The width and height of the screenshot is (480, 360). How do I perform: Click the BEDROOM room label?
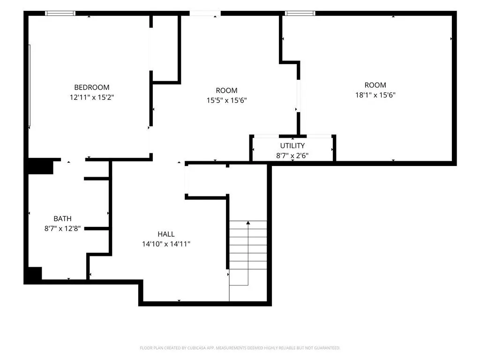click(x=91, y=88)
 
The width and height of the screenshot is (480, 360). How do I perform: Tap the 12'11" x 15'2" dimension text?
click(x=92, y=97)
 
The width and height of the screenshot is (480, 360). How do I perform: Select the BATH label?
click(x=62, y=218)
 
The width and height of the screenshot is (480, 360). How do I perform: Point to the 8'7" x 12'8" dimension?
click(x=62, y=228)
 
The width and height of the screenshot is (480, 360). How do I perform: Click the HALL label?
click(x=166, y=234)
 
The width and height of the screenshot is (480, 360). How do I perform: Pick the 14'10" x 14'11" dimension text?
click(x=166, y=244)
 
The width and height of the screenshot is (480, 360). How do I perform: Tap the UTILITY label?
click(x=292, y=146)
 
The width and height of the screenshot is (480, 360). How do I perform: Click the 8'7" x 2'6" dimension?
click(x=292, y=156)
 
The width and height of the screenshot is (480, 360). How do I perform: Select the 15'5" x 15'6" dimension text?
click(x=226, y=100)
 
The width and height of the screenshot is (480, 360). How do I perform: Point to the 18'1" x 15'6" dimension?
click(x=375, y=95)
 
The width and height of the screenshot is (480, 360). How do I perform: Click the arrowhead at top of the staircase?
click(x=248, y=223)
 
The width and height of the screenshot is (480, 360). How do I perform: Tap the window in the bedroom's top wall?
click(x=60, y=13)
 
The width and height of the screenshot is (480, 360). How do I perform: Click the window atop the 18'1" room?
click(x=300, y=13)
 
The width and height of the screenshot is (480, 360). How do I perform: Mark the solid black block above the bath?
click(x=41, y=166)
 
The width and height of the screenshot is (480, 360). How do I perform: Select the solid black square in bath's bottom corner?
click(x=35, y=273)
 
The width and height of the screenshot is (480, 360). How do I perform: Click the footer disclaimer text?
click(x=240, y=348)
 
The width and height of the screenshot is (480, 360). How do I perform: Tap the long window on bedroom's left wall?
click(x=30, y=85)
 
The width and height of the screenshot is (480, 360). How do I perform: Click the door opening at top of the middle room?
click(x=205, y=13)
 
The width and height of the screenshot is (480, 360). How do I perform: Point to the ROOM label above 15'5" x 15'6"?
click(x=226, y=90)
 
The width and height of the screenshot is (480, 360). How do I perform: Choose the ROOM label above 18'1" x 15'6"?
click(x=375, y=85)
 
